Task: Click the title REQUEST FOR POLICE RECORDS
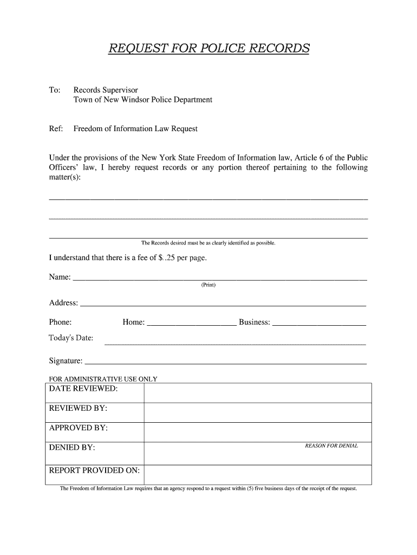(x=209, y=49)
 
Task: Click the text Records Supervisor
(x=106, y=89)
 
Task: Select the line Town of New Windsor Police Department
(x=143, y=100)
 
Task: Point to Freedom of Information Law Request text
(x=135, y=128)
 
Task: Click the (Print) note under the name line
(x=208, y=285)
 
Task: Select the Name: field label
(x=60, y=277)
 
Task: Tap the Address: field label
(x=63, y=302)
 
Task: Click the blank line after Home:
(x=192, y=323)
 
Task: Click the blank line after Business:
(x=319, y=323)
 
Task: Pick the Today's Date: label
(x=71, y=338)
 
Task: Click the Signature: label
(x=66, y=361)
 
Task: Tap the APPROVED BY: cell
(x=79, y=428)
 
